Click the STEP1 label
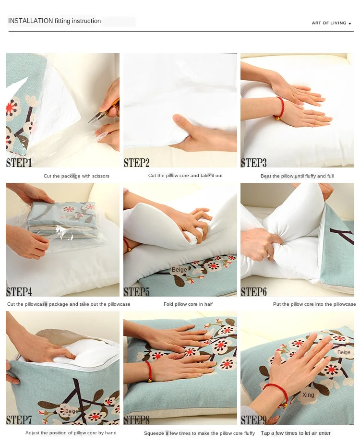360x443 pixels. point(19,163)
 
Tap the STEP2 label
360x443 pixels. point(137,163)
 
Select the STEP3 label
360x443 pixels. point(254,163)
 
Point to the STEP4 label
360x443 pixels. point(19,291)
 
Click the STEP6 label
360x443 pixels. point(254,291)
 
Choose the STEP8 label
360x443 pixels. point(137,420)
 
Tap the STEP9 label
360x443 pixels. point(254,420)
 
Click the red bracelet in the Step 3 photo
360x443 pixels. point(279,108)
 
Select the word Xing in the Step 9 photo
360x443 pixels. point(308,395)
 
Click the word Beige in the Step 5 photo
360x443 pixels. point(180,270)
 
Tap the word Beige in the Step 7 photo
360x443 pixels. point(72,411)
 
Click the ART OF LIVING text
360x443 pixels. point(329,23)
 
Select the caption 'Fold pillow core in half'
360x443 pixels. point(188,304)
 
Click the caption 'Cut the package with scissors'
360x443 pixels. point(76,176)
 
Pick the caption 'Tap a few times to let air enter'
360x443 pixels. point(296,433)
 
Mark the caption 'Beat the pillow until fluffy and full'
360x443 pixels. point(297,176)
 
